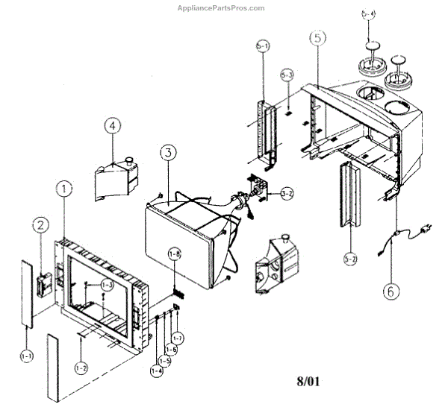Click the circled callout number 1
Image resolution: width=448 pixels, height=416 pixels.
66,189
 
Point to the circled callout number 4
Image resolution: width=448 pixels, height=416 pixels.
112,126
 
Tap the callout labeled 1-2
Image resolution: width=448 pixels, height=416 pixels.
81,368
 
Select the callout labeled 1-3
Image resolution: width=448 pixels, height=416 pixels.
107,285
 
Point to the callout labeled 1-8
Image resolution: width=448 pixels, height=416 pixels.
175,254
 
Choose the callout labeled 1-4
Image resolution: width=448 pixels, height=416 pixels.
158,371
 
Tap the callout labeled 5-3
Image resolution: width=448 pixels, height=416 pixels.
288,76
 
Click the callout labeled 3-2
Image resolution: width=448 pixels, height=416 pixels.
287,194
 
